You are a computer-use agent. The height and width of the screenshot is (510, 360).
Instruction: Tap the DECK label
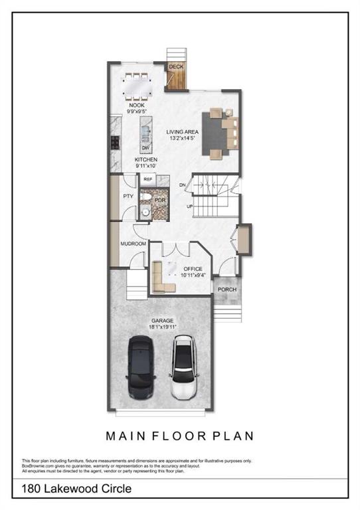(176, 67)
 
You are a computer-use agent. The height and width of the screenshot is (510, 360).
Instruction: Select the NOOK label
(136, 105)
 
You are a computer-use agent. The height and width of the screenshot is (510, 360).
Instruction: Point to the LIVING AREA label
(182, 132)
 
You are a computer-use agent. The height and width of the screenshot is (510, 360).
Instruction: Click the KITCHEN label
(145, 161)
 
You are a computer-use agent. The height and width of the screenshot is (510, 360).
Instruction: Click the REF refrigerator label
(148, 179)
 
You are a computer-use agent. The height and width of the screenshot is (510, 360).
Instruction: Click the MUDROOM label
(133, 244)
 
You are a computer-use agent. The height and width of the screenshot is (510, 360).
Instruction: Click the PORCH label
(227, 290)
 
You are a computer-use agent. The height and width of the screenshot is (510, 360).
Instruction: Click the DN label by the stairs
(182, 185)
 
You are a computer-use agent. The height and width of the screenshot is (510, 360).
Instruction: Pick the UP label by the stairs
(190, 206)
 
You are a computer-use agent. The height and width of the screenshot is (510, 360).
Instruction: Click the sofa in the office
(160, 278)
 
